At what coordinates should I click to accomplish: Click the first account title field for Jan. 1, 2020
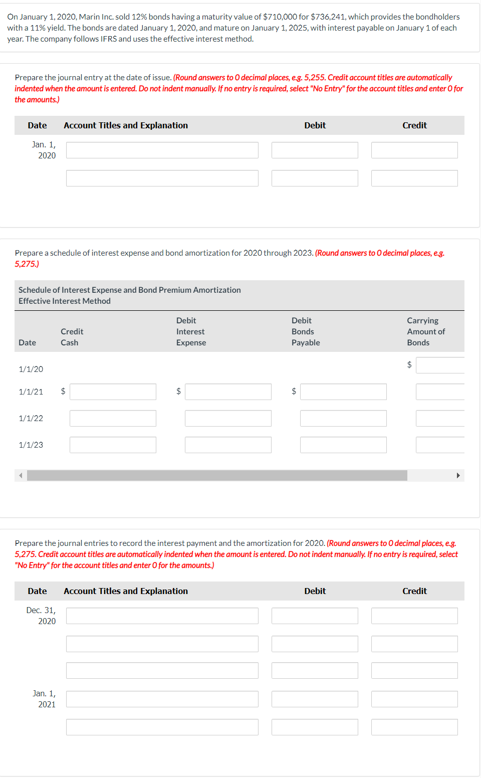tap(162, 150)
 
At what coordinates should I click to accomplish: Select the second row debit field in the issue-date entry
tap(315, 178)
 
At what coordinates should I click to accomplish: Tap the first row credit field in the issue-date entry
tap(414, 150)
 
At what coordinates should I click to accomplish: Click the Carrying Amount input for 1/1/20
tap(440, 365)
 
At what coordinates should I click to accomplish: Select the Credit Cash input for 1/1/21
tap(113, 392)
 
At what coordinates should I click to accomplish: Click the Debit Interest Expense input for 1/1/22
tap(228, 419)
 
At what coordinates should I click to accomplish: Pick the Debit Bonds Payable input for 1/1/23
tap(343, 445)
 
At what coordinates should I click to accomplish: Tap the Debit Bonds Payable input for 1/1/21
tap(343, 392)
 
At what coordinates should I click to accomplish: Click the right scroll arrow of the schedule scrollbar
tap(458, 476)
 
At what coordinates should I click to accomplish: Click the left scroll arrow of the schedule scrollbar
tap(21, 476)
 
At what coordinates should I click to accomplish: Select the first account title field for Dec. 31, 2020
tap(162, 616)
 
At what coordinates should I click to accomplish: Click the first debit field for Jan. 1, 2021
tap(315, 699)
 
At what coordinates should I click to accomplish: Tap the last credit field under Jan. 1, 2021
tap(414, 727)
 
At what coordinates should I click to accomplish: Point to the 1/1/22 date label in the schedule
tap(31, 419)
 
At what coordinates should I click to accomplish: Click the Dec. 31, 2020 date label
tap(41, 616)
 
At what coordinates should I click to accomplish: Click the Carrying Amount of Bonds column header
tap(426, 331)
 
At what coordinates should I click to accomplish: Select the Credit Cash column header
tap(72, 337)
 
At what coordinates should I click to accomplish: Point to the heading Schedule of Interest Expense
tap(129, 290)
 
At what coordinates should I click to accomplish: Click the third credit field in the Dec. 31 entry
tap(414, 671)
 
